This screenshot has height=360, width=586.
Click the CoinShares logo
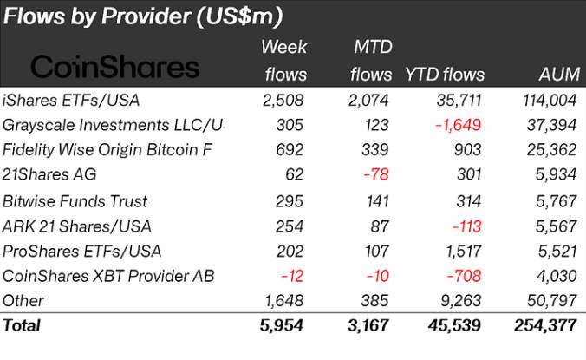coord(114,67)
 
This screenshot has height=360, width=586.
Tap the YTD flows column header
coord(445,75)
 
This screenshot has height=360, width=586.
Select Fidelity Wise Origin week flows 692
coord(290,150)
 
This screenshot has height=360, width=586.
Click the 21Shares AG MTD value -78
coord(373,175)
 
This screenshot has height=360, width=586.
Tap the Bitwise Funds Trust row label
coord(75,201)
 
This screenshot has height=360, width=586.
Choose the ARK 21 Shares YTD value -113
coord(465,226)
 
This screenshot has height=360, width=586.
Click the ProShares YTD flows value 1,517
coord(462,252)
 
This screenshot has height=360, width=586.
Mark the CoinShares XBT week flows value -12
coord(291,277)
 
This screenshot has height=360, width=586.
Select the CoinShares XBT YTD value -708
coord(463,277)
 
